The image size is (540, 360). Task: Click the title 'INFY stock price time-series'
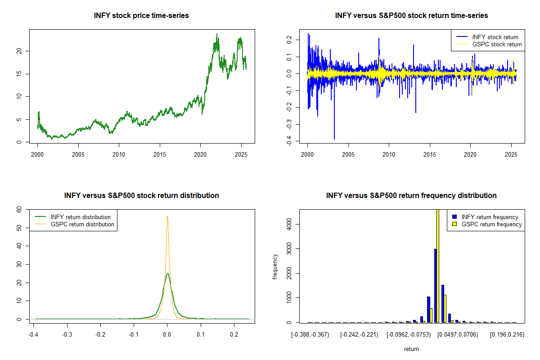click(141, 16)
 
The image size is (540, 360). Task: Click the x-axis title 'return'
click(411, 349)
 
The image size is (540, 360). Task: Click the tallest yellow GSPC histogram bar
click(437, 265)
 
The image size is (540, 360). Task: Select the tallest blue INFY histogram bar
click(435, 285)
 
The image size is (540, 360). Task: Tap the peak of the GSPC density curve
click(167, 216)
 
